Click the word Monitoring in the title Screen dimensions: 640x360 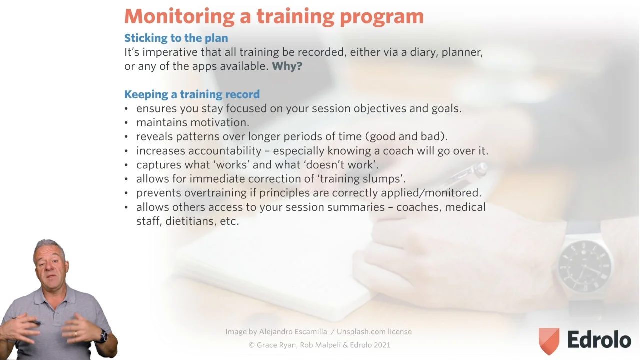(x=179, y=17)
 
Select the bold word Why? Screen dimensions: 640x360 (x=287, y=66)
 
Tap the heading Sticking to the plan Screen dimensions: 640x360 (x=176, y=38)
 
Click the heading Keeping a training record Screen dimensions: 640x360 (x=192, y=94)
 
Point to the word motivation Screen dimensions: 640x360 (x=220, y=122)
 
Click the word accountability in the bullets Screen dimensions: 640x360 (x=225, y=151)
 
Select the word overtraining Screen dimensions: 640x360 (x=215, y=193)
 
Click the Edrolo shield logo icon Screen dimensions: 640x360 (x=549, y=341)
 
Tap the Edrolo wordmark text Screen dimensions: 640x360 (x=599, y=339)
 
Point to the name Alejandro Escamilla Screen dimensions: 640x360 (x=293, y=331)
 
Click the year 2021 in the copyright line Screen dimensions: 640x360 (x=382, y=345)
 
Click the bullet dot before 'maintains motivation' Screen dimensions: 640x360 (x=126, y=123)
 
